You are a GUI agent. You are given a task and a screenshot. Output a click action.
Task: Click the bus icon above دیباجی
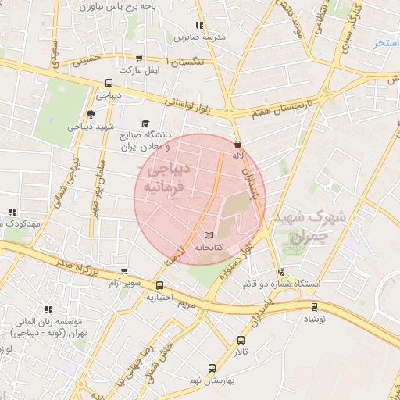(108, 84)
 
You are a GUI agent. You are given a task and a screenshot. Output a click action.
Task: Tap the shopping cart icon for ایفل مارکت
(140, 58)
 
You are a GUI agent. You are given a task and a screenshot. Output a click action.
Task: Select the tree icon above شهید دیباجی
(91, 114)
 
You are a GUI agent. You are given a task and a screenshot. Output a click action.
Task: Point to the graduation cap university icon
(144, 123)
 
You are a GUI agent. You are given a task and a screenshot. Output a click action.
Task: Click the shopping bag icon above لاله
(238, 144)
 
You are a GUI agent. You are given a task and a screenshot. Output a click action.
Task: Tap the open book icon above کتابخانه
(208, 234)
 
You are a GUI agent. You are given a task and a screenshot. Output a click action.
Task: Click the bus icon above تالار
(240, 340)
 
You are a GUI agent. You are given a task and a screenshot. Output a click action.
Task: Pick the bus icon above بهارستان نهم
(211, 367)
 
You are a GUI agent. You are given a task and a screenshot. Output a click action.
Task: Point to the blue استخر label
(387, 43)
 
